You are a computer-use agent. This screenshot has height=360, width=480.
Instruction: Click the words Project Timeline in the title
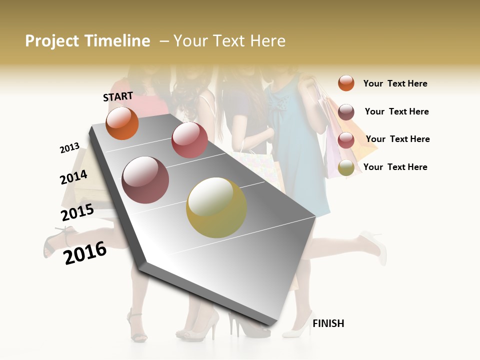tap(87, 41)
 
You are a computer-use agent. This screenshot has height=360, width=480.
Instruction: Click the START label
tap(118, 96)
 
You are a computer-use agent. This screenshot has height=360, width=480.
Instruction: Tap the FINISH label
tap(328, 323)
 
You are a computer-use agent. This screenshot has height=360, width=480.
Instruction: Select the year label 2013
tap(69, 148)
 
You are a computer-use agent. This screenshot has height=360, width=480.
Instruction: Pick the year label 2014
tap(74, 177)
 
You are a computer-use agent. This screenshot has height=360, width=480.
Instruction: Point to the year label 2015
tap(77, 212)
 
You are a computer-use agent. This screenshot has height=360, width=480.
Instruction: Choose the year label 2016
tap(85, 253)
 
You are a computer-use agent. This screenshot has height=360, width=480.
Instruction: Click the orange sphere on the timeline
tap(122, 123)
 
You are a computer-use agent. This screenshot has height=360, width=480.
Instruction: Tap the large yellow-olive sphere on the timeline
tap(216, 207)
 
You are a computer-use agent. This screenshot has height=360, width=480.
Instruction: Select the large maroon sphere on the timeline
tap(145, 180)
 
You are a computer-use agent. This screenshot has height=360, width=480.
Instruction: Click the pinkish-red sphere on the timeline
tap(189, 140)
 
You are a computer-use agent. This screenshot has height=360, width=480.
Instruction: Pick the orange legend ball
tap(346, 83)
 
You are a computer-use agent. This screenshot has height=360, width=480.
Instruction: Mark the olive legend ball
tap(346, 168)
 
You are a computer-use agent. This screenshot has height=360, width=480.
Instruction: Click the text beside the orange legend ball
tap(395, 83)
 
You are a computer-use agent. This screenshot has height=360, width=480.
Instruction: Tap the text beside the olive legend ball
tap(395, 167)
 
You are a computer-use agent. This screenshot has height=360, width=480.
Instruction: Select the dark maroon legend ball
tap(346, 112)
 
